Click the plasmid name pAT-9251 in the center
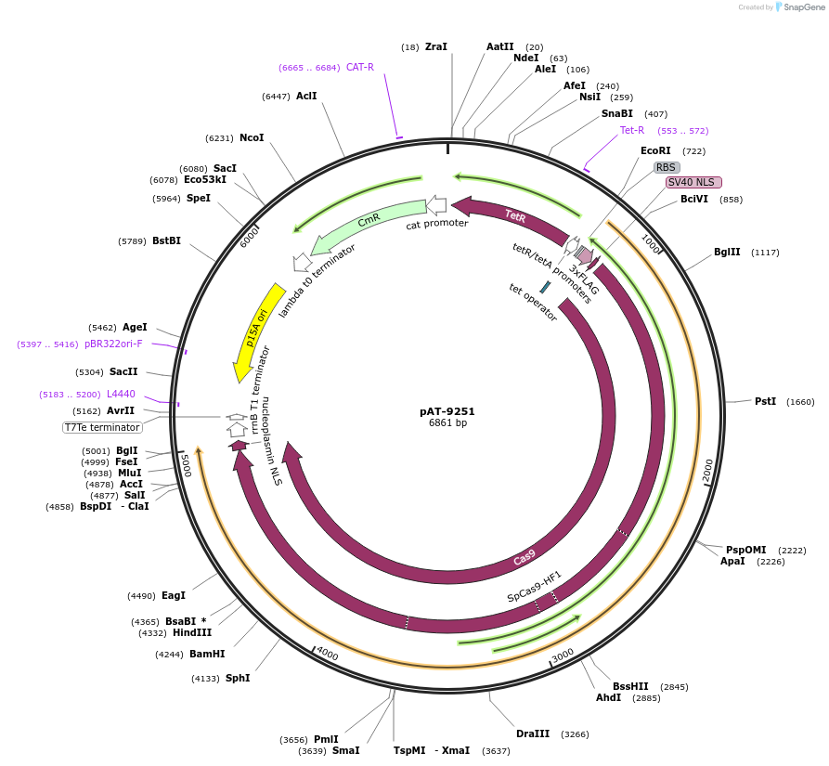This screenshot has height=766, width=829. pos(447,410)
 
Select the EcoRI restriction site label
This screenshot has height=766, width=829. pos(655,150)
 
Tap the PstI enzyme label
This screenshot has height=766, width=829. pos(765,401)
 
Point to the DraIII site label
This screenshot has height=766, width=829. pos(533,734)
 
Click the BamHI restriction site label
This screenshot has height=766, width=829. pos(207,654)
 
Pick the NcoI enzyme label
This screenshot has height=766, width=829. pos(252,137)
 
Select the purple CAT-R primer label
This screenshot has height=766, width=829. pos(360,67)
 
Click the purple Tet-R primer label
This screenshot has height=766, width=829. pos(632,130)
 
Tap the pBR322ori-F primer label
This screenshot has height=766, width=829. pos(113,344)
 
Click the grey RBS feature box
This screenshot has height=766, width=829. pos(666,167)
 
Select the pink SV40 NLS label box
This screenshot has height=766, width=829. pos(693,182)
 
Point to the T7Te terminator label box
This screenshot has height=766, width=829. pos(102,427)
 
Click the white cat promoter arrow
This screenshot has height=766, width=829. pos(436,205)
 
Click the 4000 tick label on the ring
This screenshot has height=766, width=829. pos(328,655)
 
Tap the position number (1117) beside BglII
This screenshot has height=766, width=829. pos(766,253)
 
